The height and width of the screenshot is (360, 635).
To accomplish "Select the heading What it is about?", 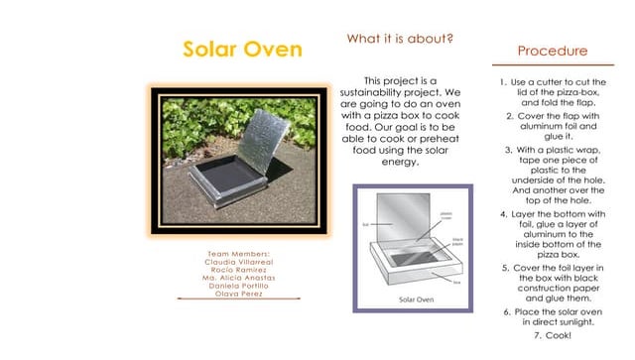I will (400, 39).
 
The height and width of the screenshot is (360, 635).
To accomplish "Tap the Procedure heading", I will (553, 51).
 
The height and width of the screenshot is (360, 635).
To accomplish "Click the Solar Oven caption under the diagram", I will (420, 297).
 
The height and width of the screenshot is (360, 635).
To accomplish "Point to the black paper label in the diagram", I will (459, 242).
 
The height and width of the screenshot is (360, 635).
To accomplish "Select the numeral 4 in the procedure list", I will (503, 214).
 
